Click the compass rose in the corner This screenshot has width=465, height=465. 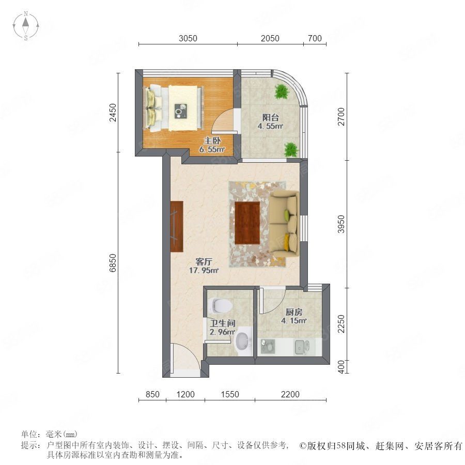[x=26, y=26]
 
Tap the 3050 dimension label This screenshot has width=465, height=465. [x=188, y=39]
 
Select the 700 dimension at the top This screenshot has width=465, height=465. [x=315, y=39]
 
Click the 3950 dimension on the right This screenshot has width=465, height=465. [x=342, y=224]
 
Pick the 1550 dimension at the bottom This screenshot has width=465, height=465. [x=230, y=394]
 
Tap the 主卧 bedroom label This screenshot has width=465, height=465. [x=212, y=141]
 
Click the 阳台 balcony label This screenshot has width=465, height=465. [x=270, y=117]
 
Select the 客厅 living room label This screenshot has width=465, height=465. [x=204, y=261]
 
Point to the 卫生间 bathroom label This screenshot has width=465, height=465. [x=223, y=323]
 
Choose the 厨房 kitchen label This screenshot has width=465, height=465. [x=294, y=312]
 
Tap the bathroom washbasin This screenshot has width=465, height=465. [x=243, y=342]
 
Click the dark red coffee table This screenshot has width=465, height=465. [x=247, y=223]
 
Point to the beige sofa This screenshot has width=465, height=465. [x=284, y=222]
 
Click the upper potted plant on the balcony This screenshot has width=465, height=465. [x=281, y=91]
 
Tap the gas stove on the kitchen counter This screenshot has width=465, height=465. [x=268, y=346]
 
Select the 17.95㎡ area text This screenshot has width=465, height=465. [x=204, y=270]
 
